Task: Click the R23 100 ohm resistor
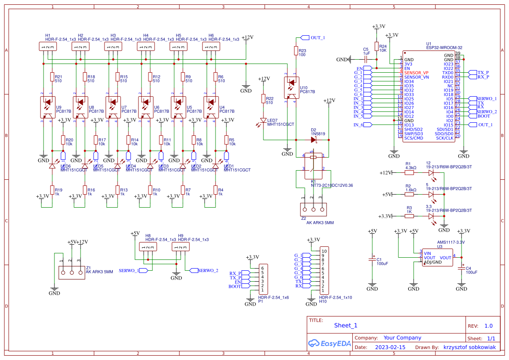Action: pyautogui.click(x=296, y=51)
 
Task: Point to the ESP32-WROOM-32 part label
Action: pyautogui.click(x=444, y=47)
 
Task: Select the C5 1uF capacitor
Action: pyautogui.click(x=366, y=59)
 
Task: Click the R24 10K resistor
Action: pyautogui.click(x=377, y=47)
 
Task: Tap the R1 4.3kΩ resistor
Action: pyautogui.click(x=409, y=172)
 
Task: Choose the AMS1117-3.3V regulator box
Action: pyautogui.click(x=437, y=257)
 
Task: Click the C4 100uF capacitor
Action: pyautogui.click(x=462, y=268)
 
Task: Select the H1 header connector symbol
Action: pyautogui.click(x=47, y=47)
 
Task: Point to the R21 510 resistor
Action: pyautogui.click(x=52, y=77)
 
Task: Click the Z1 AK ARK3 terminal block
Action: pyautogui.click(x=71, y=273)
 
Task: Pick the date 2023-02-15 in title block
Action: pyautogui.click(x=390, y=347)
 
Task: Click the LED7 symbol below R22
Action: pyautogui.click(x=263, y=121)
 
